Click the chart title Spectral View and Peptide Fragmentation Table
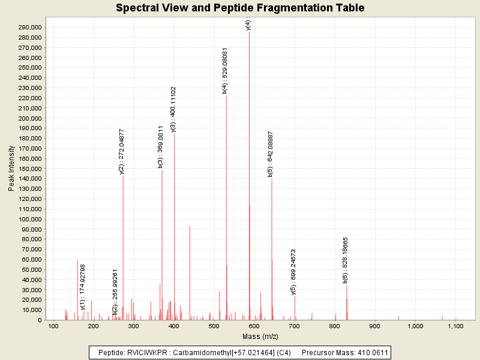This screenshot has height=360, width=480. pyautogui.click(x=240, y=8)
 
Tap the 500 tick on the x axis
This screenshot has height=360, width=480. pyautogui.click(x=214, y=326)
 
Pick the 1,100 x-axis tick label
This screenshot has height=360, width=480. pyautogui.click(x=455, y=326)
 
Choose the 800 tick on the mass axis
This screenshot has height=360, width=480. pyautogui.click(x=334, y=326)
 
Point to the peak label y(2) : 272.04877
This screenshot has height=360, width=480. pyautogui.click(x=122, y=151)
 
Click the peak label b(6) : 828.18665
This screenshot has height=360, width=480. pyautogui.click(x=346, y=260)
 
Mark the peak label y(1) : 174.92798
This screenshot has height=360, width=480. pyautogui.click(x=83, y=287)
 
